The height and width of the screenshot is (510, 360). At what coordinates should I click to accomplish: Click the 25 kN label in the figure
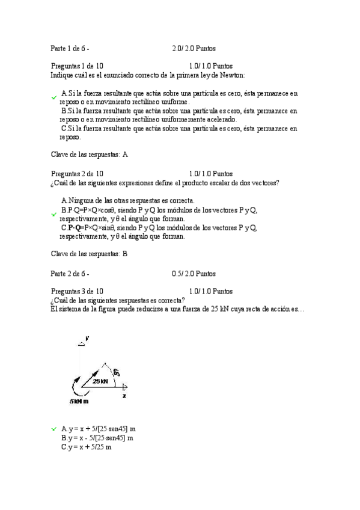[100, 381]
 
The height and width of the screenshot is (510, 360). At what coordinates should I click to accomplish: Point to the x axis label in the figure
[124, 396]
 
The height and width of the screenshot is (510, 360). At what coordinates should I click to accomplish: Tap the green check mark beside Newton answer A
[54, 96]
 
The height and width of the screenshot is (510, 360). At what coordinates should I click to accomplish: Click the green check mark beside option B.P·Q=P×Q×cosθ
[54, 214]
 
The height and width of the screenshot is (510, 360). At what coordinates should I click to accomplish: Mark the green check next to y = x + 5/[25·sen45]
[54, 428]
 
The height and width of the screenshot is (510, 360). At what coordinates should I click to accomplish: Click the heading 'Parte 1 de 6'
[70, 48]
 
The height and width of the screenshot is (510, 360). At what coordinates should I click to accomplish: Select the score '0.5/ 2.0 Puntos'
[194, 274]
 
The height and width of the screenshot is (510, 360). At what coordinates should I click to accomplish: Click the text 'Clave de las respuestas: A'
[89, 155]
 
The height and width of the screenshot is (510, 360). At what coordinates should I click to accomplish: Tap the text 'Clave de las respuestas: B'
[89, 254]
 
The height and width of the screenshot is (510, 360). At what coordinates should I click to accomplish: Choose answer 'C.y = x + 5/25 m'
[87, 448]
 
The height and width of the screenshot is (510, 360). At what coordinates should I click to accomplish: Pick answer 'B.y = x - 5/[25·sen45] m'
[97, 438]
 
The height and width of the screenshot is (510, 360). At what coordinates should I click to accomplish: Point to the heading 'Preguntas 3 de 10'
[77, 291]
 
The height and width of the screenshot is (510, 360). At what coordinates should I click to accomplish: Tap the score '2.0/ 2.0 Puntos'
[194, 48]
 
